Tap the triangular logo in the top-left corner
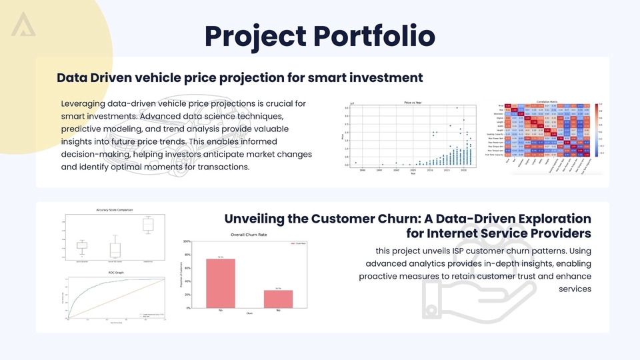pyautogui.click(x=23, y=24)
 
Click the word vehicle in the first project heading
pyautogui.click(x=173, y=77)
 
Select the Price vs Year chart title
pyautogui.click(x=414, y=102)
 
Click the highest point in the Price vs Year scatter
pyautogui.click(x=457, y=107)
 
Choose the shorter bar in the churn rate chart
pyautogui.click(x=278, y=299)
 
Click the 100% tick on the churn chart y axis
pyautogui.click(x=187, y=242)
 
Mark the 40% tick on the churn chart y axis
pyautogui.click(x=187, y=281)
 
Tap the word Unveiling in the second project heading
pyautogui.click(x=257, y=219)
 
